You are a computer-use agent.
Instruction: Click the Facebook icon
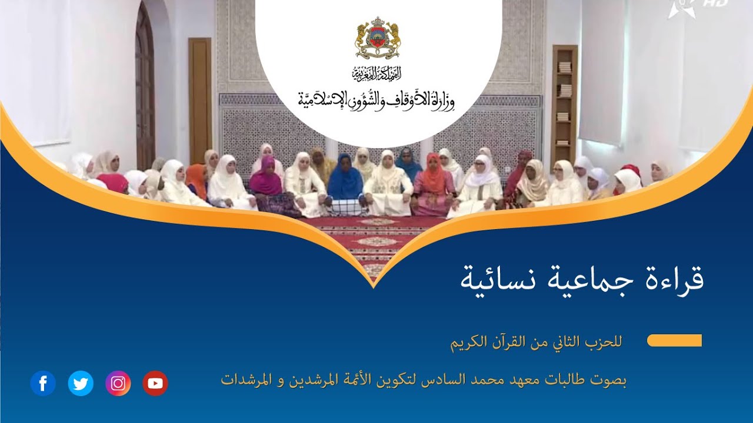coord(43,384)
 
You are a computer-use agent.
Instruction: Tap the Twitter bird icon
coord(81,384)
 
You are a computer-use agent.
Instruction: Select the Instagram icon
coord(118,384)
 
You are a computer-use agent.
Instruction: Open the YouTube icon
coord(155,384)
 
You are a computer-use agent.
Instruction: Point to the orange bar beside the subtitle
coord(674,341)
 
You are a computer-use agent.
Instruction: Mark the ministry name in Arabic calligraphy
coord(377,100)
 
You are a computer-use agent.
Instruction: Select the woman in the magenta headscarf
coord(266,179)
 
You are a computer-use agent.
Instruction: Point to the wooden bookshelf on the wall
coord(564,97)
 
